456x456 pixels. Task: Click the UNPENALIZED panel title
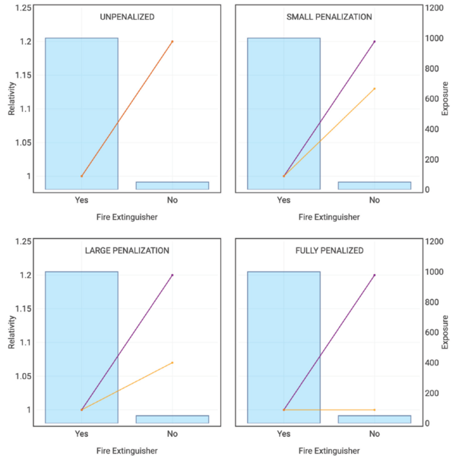[127, 17]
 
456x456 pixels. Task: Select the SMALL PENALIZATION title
[329, 17]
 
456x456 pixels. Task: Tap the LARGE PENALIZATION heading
[127, 250]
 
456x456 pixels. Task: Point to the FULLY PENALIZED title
[329, 250]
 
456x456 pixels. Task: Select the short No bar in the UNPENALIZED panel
[173, 185]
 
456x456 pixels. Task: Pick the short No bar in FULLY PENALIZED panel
[375, 419]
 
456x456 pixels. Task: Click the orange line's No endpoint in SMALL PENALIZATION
[375, 88]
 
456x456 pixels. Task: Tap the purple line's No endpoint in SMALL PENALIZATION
[375, 41]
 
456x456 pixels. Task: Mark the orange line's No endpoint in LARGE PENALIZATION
[173, 362]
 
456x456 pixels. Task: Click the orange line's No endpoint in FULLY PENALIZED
[375, 410]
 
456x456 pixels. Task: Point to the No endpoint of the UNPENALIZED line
[173, 41]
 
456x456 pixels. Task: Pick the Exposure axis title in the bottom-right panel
[446, 333]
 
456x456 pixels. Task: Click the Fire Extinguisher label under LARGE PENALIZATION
[127, 451]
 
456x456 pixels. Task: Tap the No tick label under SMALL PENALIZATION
[375, 200]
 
